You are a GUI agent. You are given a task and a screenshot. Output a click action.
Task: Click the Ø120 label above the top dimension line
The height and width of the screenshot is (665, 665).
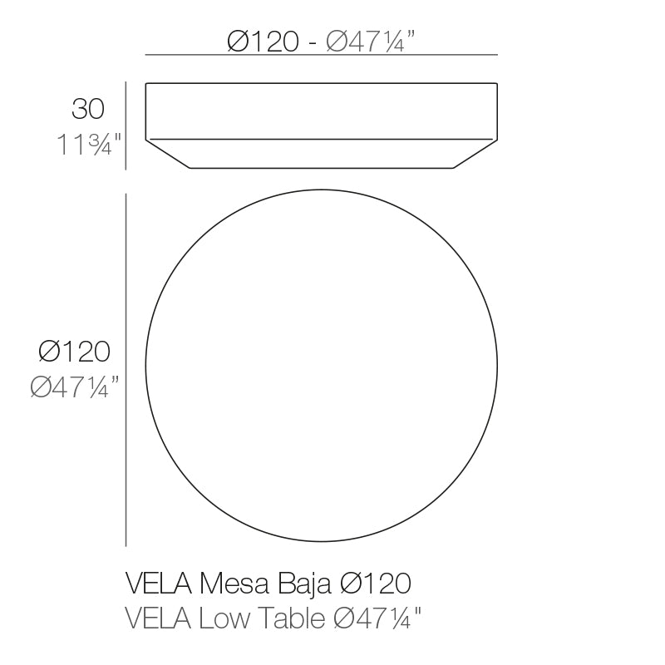click(263, 41)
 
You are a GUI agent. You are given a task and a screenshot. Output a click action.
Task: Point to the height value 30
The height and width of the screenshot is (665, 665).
click(88, 110)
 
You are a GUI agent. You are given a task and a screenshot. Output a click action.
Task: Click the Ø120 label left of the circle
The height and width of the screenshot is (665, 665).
click(75, 352)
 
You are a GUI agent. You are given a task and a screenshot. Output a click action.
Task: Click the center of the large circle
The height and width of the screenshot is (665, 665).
click(322, 367)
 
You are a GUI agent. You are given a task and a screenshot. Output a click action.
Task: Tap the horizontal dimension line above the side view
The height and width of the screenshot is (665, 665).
click(322, 55)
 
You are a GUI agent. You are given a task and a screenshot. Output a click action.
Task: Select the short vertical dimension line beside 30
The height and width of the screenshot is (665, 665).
click(126, 126)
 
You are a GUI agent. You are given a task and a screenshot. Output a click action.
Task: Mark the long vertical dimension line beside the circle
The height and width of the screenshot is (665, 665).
click(126, 370)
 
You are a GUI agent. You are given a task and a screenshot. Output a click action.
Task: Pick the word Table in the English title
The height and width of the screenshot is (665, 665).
click(291, 618)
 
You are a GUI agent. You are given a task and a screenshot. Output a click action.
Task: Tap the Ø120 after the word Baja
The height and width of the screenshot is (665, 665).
click(375, 584)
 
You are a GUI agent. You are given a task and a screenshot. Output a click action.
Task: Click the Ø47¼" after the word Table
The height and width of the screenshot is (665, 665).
click(377, 618)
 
